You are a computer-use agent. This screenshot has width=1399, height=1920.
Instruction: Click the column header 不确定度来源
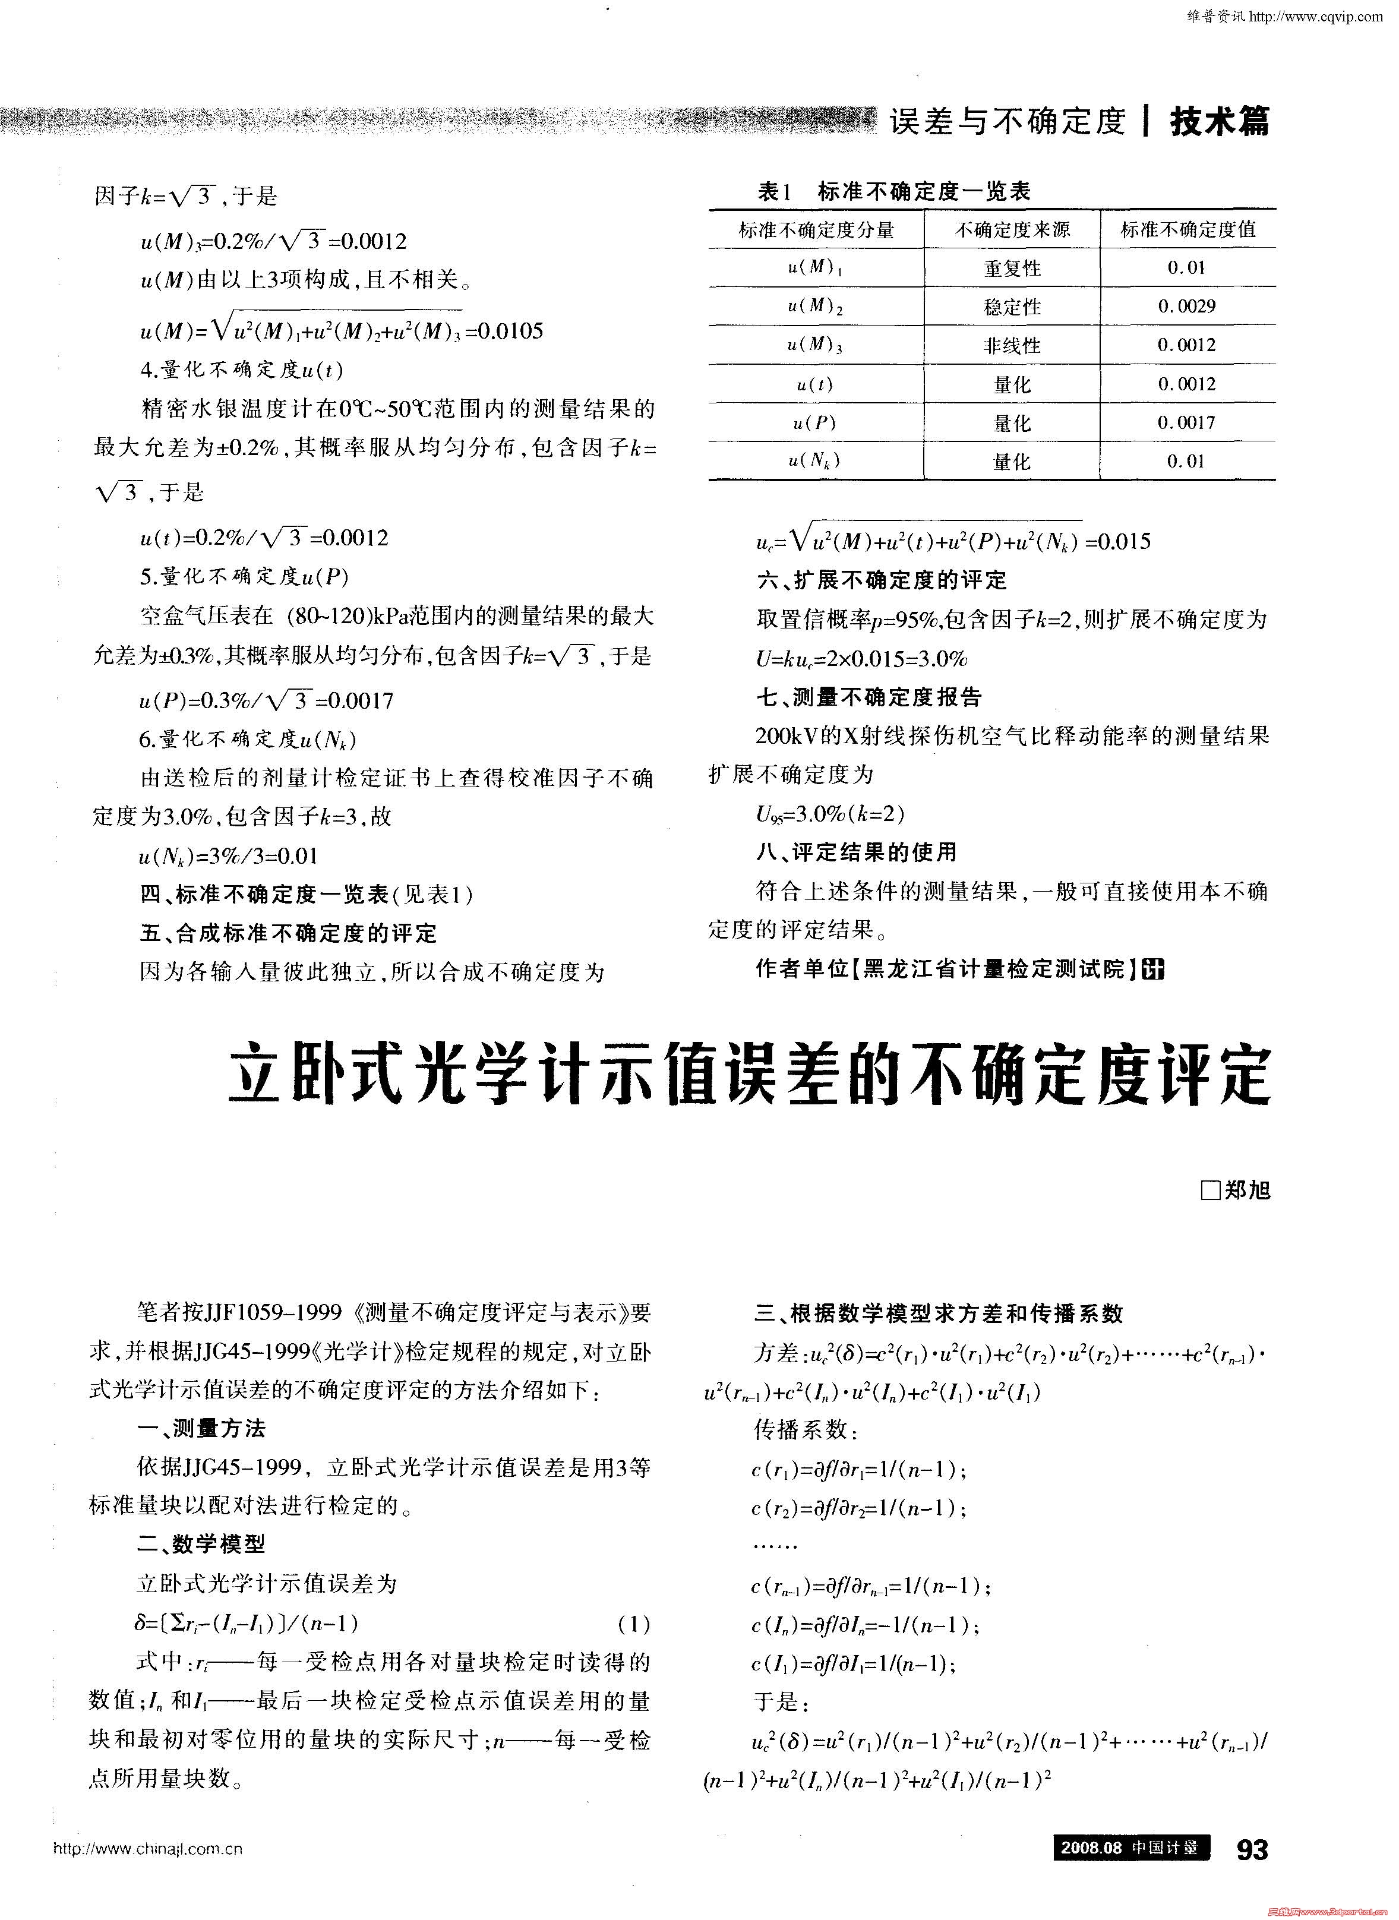click(x=1012, y=229)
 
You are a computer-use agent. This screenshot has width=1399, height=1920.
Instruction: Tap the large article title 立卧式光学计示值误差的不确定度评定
click(x=750, y=1077)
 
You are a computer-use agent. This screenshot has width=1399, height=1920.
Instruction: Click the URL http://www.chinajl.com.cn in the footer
click(x=147, y=1849)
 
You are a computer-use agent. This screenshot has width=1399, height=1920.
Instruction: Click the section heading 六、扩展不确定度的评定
click(x=882, y=580)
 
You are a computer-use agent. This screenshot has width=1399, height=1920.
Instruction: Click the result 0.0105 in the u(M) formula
click(x=511, y=331)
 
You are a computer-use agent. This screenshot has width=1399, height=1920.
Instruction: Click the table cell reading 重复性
click(x=1012, y=269)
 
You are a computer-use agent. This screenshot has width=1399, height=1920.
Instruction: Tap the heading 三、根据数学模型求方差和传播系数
click(x=939, y=1313)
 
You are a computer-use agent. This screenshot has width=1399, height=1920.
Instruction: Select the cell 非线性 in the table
click(x=1012, y=346)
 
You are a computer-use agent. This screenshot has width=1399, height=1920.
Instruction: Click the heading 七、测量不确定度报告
click(x=869, y=697)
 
